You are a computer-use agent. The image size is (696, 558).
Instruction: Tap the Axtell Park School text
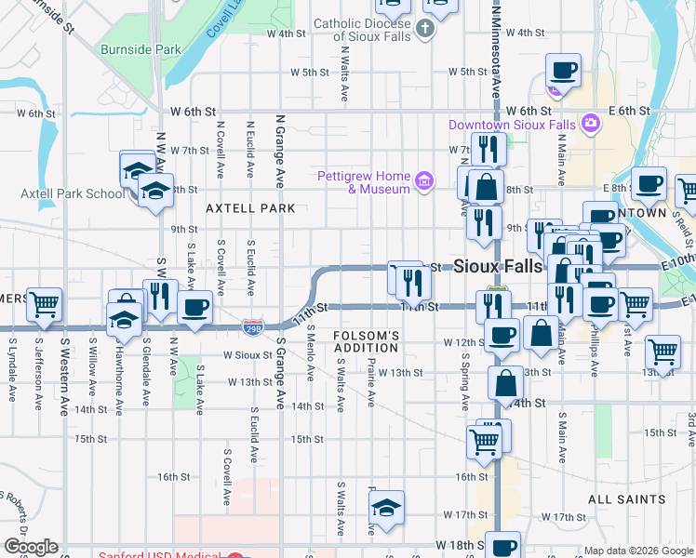(x=73, y=194)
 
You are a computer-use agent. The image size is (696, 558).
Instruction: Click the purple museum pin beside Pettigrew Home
(x=424, y=179)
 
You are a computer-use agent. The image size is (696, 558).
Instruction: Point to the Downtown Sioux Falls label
(x=512, y=125)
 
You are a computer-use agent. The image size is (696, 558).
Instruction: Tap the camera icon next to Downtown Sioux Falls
(x=590, y=123)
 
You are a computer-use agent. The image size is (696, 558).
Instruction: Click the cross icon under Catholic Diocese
(x=424, y=28)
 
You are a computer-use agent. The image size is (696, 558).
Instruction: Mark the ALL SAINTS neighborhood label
(x=623, y=499)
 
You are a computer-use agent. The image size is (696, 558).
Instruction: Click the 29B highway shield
(x=252, y=326)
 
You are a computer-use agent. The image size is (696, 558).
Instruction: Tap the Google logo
(x=31, y=547)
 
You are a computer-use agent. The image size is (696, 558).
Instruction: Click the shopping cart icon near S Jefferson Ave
(x=44, y=303)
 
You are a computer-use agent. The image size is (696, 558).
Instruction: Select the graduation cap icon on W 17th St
(x=385, y=507)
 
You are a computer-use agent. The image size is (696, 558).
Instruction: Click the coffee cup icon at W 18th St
(x=503, y=546)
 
